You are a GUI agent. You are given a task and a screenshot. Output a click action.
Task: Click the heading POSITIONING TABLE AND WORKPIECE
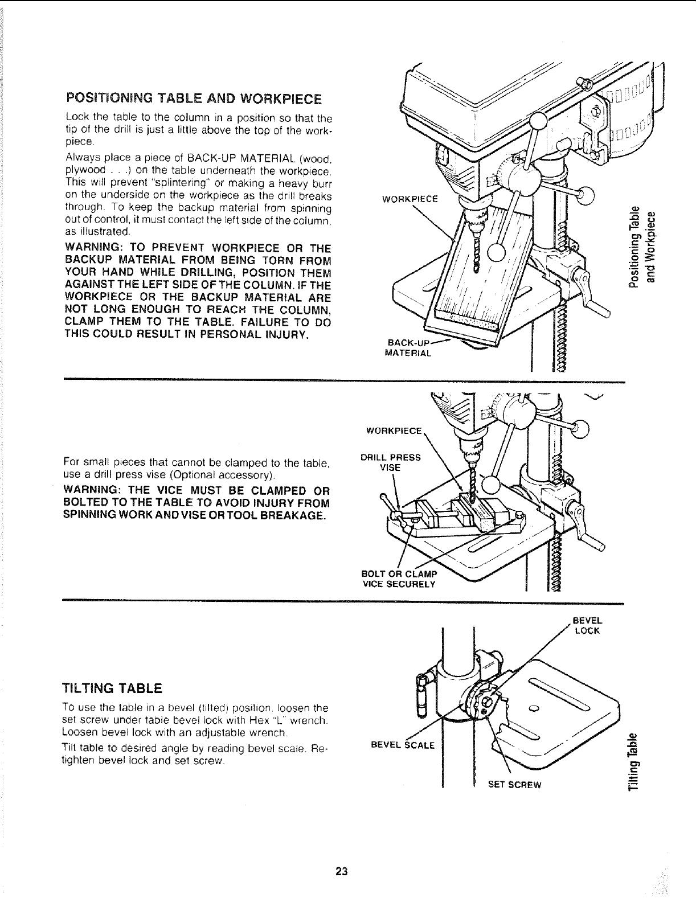(x=194, y=99)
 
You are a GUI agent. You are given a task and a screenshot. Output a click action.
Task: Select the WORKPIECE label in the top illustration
(x=410, y=199)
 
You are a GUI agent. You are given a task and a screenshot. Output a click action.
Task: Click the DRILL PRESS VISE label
(x=391, y=462)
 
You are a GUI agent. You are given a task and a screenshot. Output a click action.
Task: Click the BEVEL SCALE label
(x=402, y=745)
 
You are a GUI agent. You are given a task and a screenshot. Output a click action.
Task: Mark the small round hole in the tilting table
(x=534, y=708)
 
